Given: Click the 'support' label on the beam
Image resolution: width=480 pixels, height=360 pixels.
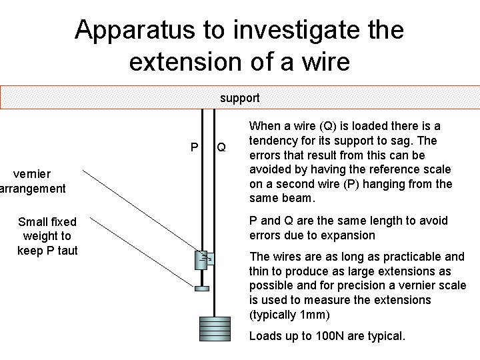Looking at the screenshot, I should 239,98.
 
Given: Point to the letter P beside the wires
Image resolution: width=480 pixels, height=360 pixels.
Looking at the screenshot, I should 194,147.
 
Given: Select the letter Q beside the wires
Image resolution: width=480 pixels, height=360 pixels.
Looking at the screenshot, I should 221,147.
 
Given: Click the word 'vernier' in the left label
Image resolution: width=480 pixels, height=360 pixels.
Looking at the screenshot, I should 33,174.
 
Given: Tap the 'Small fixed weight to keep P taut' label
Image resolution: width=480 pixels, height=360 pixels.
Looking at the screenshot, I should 47,236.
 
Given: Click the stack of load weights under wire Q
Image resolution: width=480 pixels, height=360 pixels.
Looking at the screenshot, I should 213,328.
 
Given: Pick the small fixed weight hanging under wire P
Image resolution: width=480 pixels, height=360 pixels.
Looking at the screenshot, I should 201,289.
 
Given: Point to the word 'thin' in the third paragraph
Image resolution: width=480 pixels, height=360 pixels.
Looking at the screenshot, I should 260,271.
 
